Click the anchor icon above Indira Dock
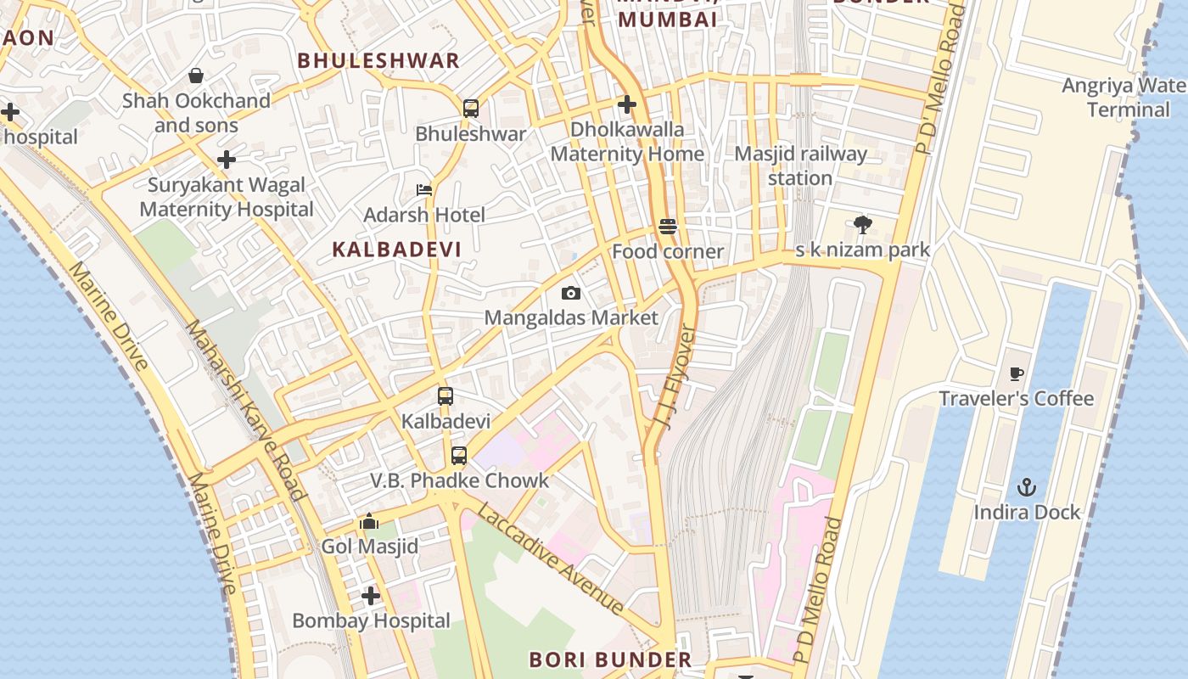[x=1027, y=487]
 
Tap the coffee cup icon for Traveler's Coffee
[x=1017, y=373]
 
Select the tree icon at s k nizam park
[x=863, y=225]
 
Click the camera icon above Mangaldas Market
[x=571, y=293]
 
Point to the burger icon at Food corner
[x=668, y=227]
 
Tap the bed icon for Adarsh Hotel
[x=424, y=190]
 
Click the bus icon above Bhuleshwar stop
[x=471, y=109]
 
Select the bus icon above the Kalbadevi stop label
[x=445, y=396]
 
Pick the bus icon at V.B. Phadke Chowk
[x=459, y=456]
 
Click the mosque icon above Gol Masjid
[x=369, y=521]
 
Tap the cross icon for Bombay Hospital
[x=371, y=596]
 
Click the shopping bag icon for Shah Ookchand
[x=196, y=76]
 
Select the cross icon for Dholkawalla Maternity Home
[x=627, y=104]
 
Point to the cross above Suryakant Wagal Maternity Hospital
[x=227, y=160]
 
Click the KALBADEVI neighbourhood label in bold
[x=397, y=250]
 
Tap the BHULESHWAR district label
[x=379, y=60]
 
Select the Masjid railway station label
[x=800, y=166]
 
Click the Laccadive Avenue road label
[x=550, y=558]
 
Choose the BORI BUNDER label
[x=610, y=659]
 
